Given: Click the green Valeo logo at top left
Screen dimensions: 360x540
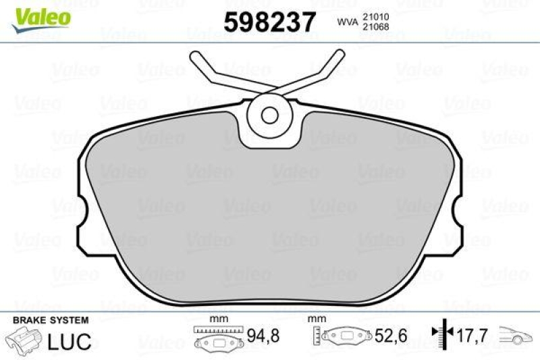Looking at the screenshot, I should click(x=42, y=14).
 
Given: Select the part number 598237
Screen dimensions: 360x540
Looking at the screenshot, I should click(x=270, y=22).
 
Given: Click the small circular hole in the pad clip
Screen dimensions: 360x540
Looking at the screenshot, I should click(x=270, y=114).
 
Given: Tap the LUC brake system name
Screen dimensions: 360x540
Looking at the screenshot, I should click(x=69, y=341).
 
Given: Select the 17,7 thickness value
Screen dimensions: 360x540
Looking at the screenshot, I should click(x=473, y=335).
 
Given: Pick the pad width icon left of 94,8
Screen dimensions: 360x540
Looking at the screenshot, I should click(x=217, y=338).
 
